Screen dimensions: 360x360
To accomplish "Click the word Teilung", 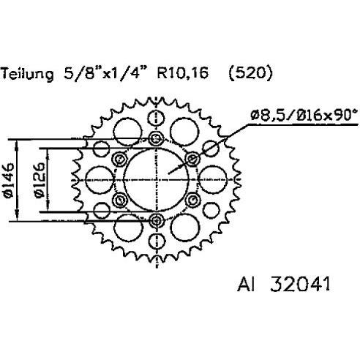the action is point(27,74).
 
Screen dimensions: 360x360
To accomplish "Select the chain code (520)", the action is point(250,73).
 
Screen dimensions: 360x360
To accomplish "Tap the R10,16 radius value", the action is point(183,73).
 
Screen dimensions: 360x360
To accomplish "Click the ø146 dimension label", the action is point(9,181).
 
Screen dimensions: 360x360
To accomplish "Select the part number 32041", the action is point(300,284).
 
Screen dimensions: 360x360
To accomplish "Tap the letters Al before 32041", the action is point(246,284).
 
